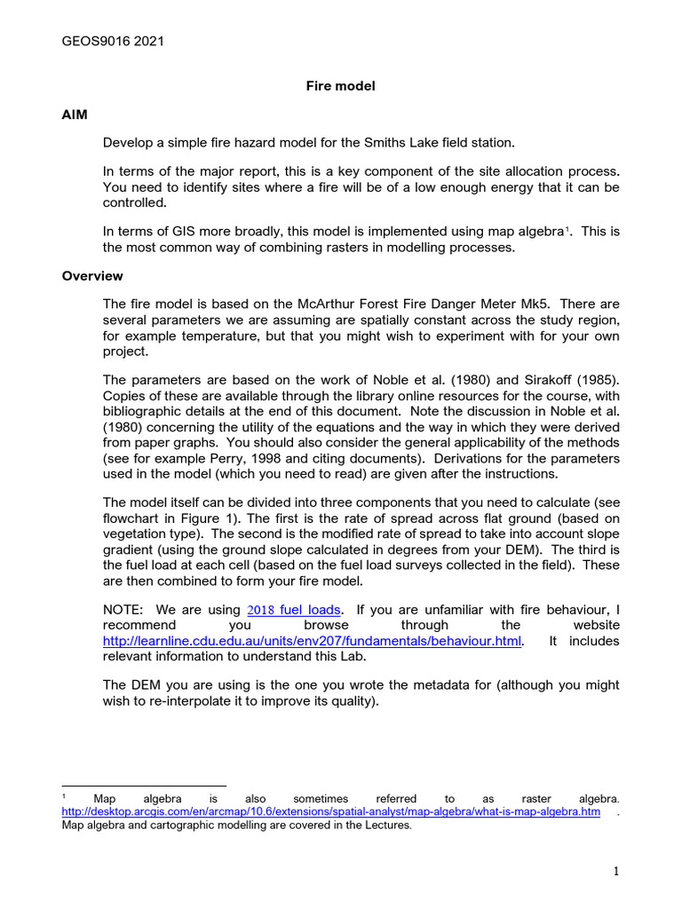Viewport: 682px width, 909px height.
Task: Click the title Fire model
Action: [340, 86]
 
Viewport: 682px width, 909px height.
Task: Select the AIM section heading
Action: [75, 115]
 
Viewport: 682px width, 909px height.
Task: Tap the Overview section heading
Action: [92, 276]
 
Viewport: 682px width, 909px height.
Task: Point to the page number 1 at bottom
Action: [615, 873]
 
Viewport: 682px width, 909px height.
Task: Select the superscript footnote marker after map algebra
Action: [567, 230]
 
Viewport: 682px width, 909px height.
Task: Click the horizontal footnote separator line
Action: [144, 785]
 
